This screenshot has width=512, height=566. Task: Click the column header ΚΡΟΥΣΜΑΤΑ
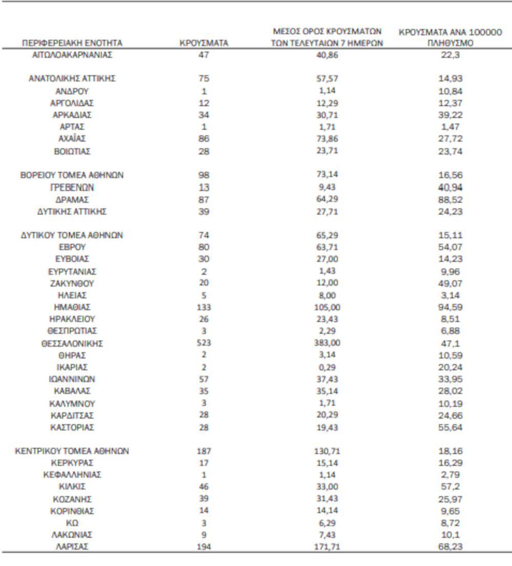click(x=204, y=44)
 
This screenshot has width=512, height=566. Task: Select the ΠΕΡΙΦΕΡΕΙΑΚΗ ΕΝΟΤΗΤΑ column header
click(x=72, y=44)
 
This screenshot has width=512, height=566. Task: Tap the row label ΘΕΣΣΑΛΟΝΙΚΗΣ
click(x=72, y=343)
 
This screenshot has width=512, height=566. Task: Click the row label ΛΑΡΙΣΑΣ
click(x=72, y=546)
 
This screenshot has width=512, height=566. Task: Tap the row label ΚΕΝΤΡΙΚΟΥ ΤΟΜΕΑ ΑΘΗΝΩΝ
click(x=72, y=451)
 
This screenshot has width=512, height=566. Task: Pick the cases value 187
click(x=204, y=451)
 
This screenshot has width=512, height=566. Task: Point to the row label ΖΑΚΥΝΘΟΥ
click(x=72, y=283)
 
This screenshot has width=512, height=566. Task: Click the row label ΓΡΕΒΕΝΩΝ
click(x=72, y=187)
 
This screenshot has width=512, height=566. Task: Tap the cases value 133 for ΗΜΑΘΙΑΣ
click(x=204, y=307)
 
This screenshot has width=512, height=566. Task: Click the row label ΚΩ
click(x=72, y=523)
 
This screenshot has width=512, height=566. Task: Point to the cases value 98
click(x=204, y=175)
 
